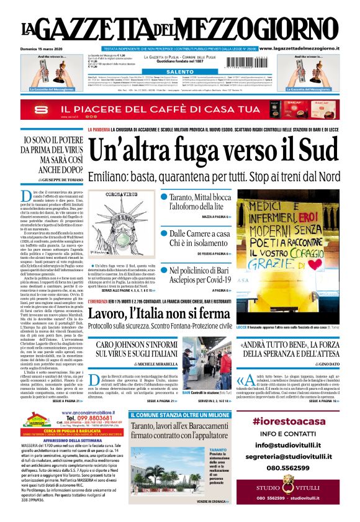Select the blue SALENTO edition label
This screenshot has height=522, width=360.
click(180, 72)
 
